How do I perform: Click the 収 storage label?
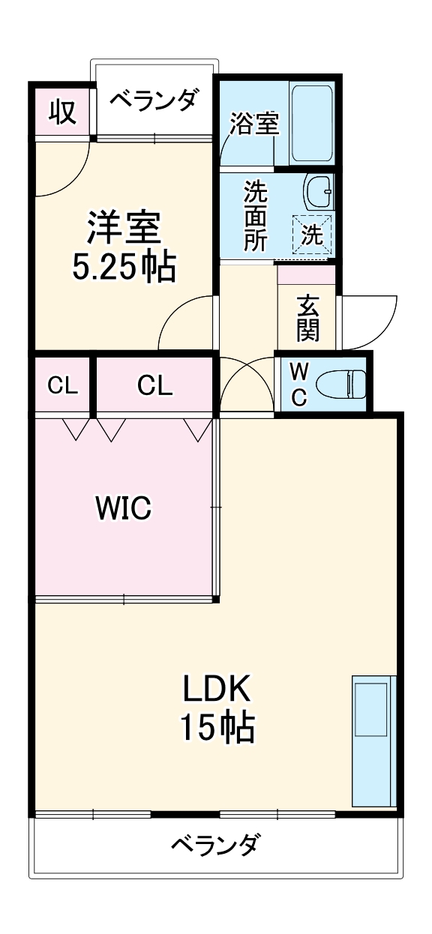coord(63,112)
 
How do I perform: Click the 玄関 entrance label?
coord(307,318)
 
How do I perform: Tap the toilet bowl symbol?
coord(340,385)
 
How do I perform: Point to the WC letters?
coord(298,385)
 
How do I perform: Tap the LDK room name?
coord(217,687)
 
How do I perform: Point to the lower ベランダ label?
coord(216,846)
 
